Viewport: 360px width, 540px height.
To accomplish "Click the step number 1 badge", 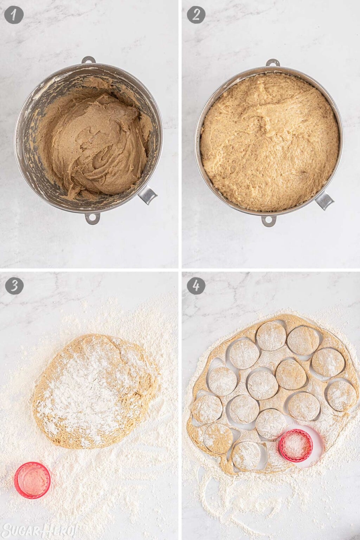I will click(x=14, y=15).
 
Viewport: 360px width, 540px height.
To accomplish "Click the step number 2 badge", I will click(x=196, y=15).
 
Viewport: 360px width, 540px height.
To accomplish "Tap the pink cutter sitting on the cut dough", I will click(x=296, y=446).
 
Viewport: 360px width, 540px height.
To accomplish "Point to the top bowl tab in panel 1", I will click(x=88, y=60).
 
